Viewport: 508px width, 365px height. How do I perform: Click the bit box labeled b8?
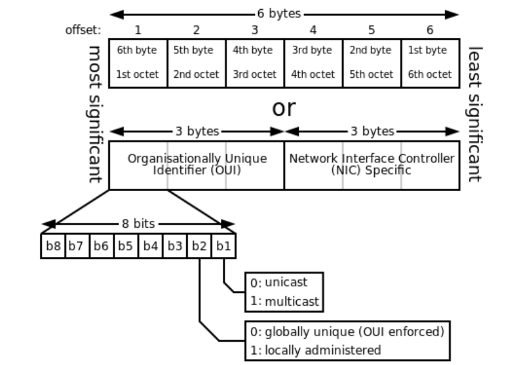[x=53, y=245]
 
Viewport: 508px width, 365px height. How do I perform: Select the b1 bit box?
[x=223, y=245]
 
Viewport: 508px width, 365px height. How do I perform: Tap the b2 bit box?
[x=200, y=245]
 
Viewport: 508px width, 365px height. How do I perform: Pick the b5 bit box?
[x=126, y=245]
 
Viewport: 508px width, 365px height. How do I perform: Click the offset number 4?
[x=313, y=30]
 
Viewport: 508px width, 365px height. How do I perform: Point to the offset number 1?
[x=138, y=30]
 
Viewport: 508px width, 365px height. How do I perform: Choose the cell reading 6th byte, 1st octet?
[x=138, y=62]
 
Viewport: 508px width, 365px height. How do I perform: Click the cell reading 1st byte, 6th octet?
[x=430, y=62]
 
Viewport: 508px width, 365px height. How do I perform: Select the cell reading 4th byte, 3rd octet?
[x=254, y=62]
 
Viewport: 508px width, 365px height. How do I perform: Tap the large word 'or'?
[x=283, y=108]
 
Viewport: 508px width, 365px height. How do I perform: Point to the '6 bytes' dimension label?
[x=284, y=14]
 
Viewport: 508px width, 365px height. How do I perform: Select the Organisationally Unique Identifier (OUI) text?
[x=197, y=165]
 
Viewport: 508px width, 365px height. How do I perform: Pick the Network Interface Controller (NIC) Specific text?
[x=372, y=165]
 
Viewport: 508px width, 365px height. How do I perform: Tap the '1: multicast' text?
[x=284, y=300]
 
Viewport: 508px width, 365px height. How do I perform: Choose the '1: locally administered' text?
[x=315, y=350]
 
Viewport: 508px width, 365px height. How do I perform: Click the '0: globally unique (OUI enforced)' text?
[x=346, y=333]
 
